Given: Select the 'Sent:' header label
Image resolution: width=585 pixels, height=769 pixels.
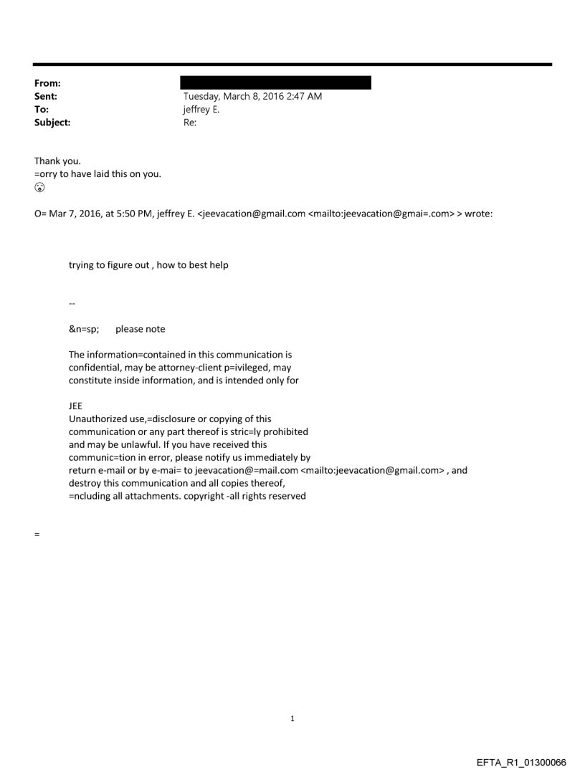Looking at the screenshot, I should (45, 96).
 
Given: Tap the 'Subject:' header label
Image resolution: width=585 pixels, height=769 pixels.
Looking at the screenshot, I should (52, 123).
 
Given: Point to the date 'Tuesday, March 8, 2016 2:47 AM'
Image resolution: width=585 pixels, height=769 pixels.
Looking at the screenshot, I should (252, 96).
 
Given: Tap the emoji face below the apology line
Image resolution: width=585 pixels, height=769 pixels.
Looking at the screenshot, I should (39, 188).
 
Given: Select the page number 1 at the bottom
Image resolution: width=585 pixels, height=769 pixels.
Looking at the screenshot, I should (292, 718).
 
